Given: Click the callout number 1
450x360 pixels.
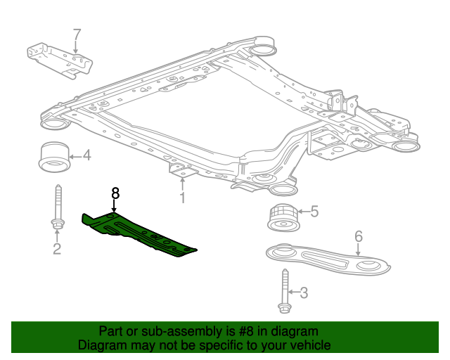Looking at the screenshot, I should (182, 198).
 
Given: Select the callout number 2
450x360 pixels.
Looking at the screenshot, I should (57, 248).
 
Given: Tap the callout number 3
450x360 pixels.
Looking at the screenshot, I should (304, 292).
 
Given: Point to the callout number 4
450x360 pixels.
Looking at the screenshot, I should (87, 155).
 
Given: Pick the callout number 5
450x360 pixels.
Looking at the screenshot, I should (314, 210).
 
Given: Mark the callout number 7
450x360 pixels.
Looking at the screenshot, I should (77, 34).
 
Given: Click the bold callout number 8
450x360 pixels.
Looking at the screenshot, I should (115, 192).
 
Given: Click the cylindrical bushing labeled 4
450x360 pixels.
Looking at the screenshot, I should (54, 157).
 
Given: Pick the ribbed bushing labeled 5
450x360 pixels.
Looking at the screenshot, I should (281, 215).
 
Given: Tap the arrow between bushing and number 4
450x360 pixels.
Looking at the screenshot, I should (76, 155).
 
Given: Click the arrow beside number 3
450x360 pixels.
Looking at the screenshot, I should (294, 292).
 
